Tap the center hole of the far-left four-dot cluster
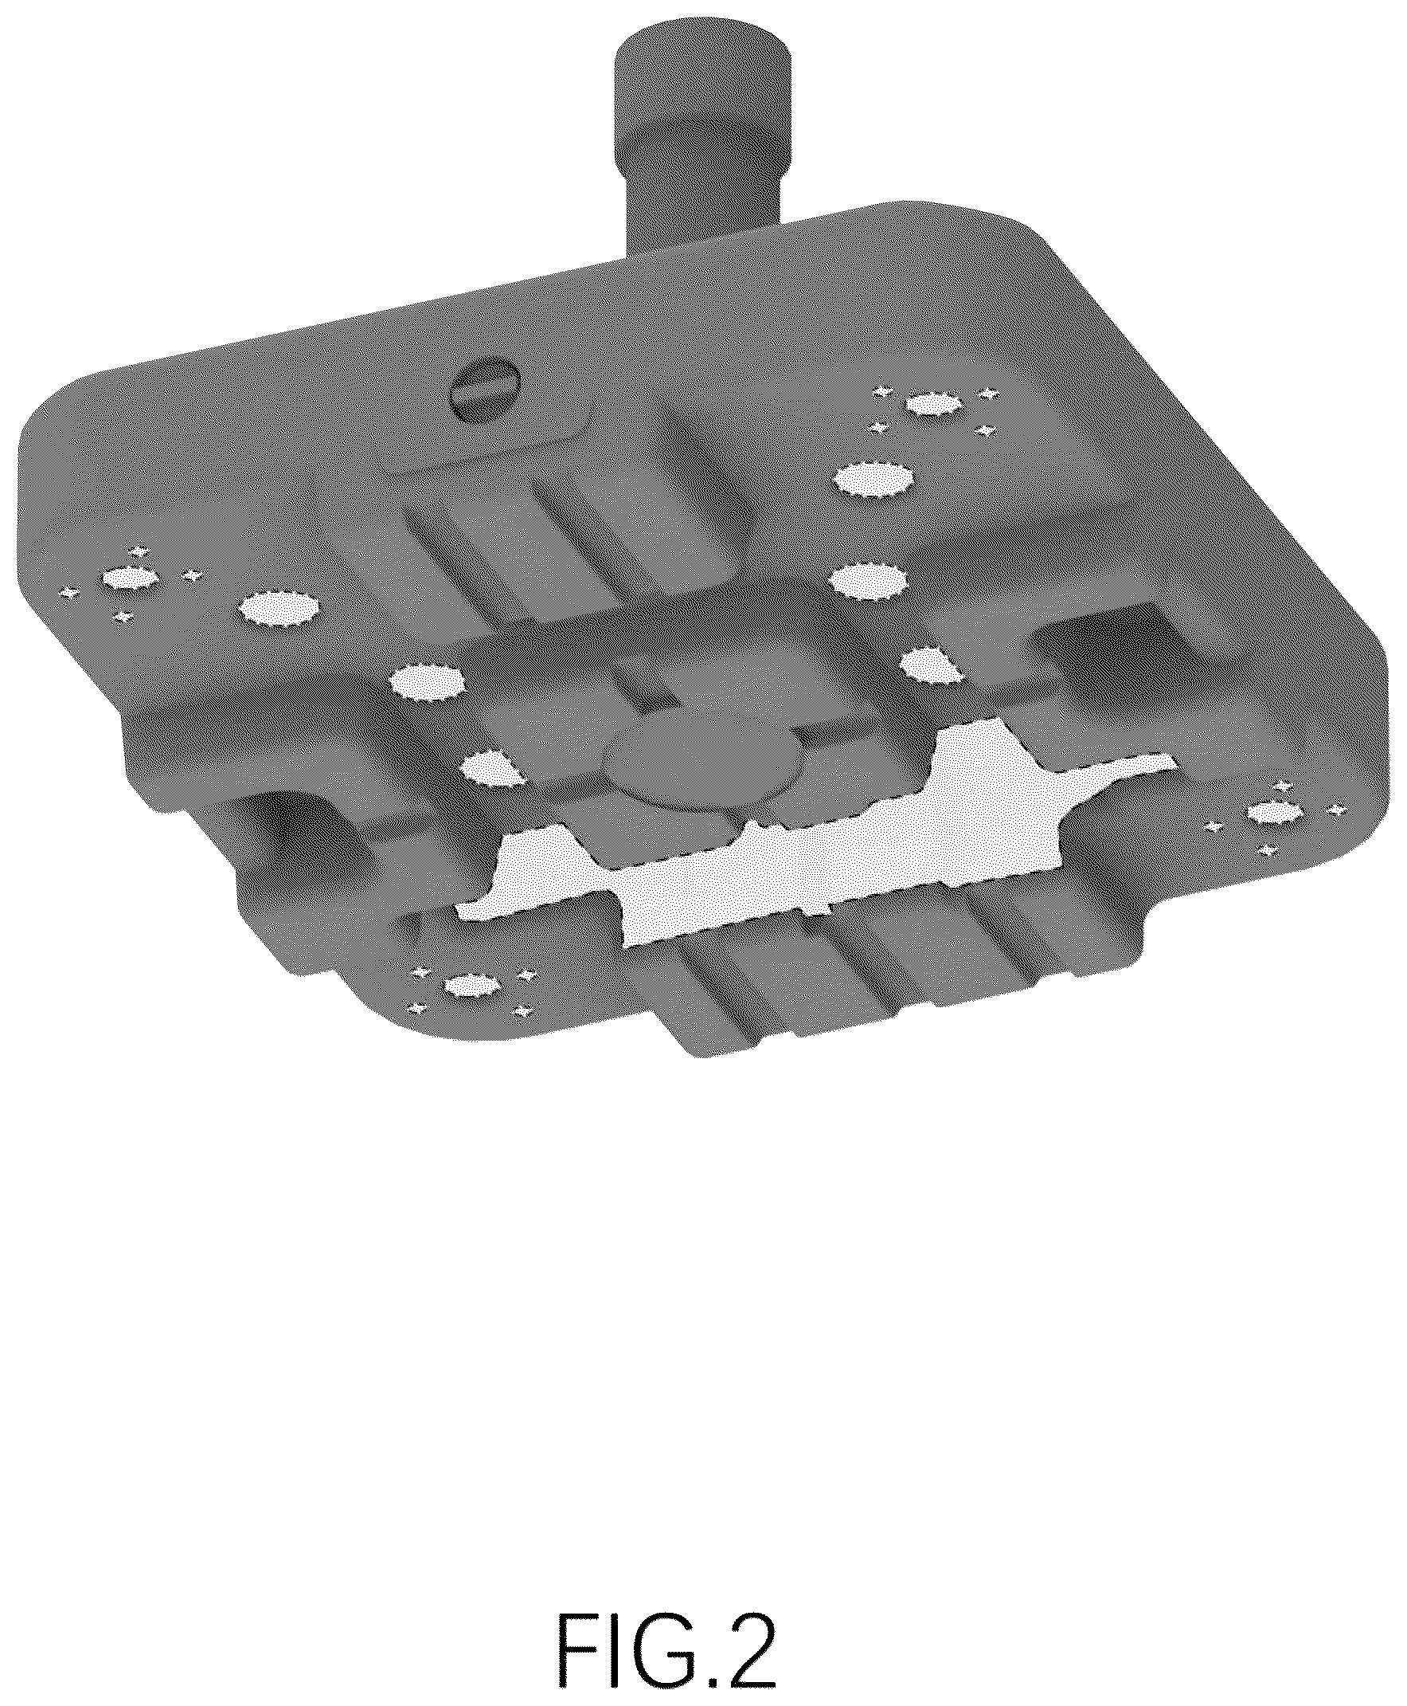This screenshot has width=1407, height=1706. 130,578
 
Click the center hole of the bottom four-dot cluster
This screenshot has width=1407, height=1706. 471,985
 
